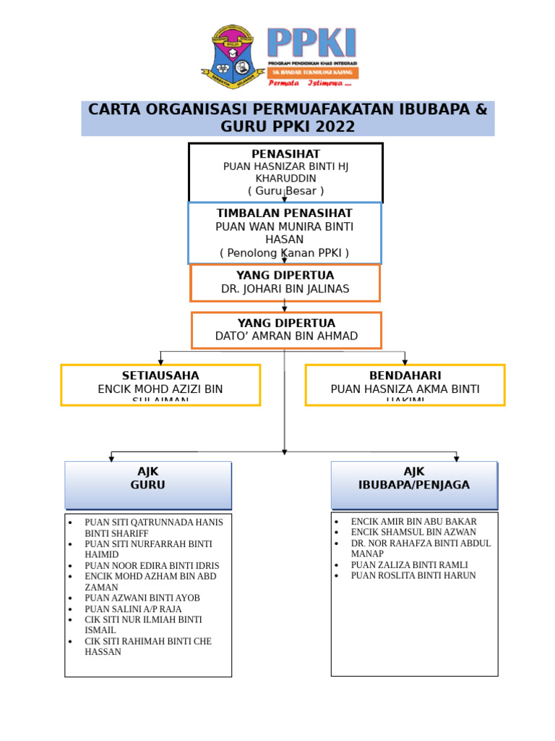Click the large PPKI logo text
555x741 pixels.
tap(311, 43)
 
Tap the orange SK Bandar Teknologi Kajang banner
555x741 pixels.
tap(313, 73)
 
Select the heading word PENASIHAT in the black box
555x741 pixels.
tap(285, 154)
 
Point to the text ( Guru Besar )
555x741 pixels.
tap(285, 191)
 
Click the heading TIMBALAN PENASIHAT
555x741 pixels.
tap(285, 213)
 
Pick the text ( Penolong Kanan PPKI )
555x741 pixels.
tap(285, 253)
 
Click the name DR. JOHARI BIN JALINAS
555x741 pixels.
tap(285, 289)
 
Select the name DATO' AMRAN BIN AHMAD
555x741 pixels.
tap(286, 336)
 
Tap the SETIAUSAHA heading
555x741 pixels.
tap(160, 376)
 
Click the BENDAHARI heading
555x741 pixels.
tap(405, 376)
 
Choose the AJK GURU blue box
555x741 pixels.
tap(148, 485)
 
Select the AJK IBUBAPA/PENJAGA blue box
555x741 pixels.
tap(414, 485)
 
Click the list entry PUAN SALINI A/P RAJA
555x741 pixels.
tap(133, 609)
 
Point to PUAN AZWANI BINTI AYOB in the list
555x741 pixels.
tap(142, 598)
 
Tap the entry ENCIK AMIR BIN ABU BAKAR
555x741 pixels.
tap(413, 522)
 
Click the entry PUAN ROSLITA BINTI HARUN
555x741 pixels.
tap(413, 576)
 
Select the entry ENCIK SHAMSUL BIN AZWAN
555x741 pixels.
tap(413, 533)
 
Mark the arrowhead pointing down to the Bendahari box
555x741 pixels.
tap(405, 361)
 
